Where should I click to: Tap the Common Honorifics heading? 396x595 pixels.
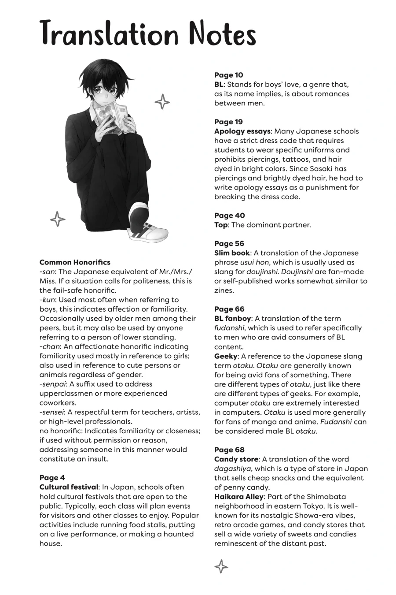(75, 262)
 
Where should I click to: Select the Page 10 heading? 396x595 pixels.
(228, 75)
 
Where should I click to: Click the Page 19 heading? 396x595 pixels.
(228, 122)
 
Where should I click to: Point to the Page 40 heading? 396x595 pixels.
(229, 216)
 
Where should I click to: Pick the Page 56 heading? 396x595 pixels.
(229, 243)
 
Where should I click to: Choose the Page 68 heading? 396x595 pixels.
(229, 450)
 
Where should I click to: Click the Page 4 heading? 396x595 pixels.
(52, 478)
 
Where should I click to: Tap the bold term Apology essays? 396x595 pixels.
(242, 131)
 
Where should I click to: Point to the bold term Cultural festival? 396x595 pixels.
(69, 487)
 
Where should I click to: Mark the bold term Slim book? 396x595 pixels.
(232, 253)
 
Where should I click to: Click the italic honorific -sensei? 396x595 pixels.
(52, 412)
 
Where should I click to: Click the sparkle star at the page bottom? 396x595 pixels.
(221, 566)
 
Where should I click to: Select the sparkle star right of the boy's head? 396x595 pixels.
(162, 102)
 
